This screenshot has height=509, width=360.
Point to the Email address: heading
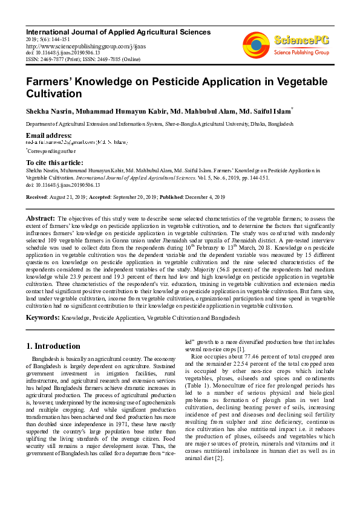49,135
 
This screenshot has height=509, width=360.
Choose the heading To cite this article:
55,163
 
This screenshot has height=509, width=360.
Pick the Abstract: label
41,218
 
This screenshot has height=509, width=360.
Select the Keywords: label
42,317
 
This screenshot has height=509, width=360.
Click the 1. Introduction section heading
54,346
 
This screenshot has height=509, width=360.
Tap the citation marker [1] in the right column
240,349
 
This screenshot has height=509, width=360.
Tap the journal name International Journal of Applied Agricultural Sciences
118,31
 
